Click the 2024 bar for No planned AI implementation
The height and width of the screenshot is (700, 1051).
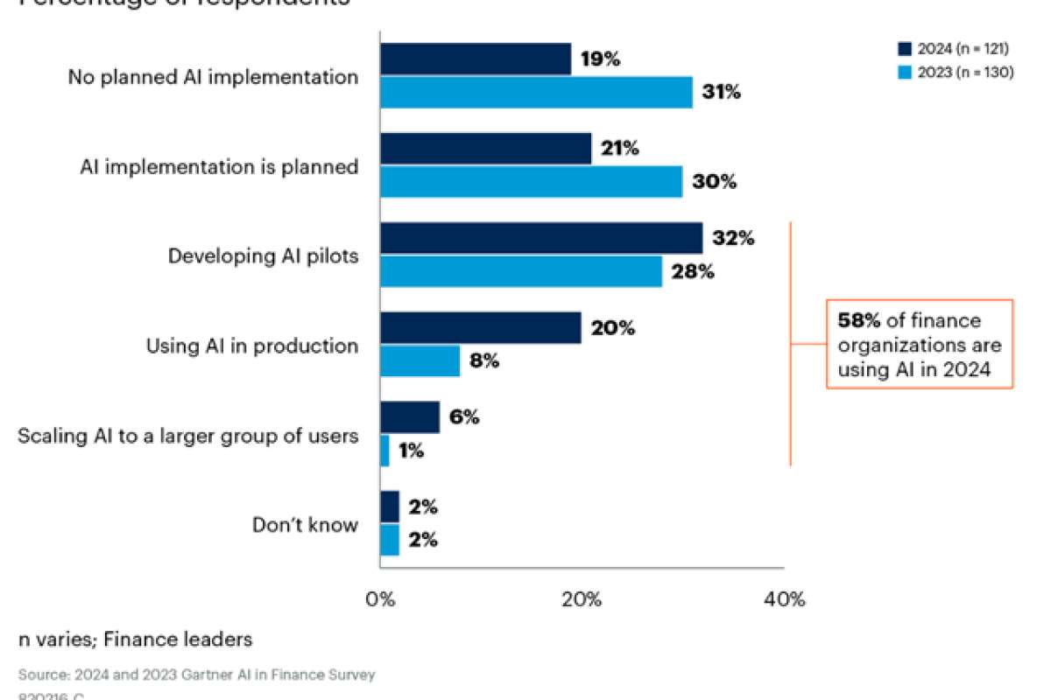point(475,59)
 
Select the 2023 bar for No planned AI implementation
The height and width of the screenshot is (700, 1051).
point(535,92)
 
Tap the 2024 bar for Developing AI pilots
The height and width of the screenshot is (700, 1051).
point(540,238)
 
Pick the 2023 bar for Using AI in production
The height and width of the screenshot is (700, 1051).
point(420,361)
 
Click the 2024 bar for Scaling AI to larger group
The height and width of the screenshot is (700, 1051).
point(410,417)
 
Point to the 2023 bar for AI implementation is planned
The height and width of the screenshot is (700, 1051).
point(531,182)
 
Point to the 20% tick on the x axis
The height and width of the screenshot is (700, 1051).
point(582,599)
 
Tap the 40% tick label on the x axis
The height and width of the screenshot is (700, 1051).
point(784,599)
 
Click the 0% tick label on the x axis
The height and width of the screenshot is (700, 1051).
point(380,599)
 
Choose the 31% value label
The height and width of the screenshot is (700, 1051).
point(721,92)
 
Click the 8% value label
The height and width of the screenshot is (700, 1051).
point(484,361)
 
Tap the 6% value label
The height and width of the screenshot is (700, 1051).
point(464,417)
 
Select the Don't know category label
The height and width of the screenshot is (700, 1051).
point(305,525)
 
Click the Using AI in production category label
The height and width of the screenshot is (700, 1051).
point(251,346)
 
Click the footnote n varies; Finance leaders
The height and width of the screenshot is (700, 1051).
point(136,640)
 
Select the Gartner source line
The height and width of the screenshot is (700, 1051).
point(196,675)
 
